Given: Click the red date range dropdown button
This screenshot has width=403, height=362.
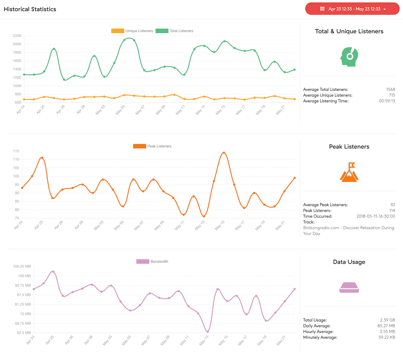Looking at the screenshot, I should pos(352,9).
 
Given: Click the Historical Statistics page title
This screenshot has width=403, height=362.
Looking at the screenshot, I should pos(30,9).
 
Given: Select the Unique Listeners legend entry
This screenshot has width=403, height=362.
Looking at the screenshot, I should pos(132,31).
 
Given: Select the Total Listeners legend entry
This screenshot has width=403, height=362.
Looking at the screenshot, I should pos(175,31).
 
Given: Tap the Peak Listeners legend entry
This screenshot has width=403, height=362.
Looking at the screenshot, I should pos(152,146).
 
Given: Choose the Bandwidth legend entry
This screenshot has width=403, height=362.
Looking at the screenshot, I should pos(152,261).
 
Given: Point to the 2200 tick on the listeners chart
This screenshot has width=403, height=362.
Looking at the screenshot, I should pos(17,36).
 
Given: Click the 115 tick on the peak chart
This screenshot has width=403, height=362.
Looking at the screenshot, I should pos(16,151).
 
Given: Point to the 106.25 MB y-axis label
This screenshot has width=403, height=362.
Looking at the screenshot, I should pos(22,266).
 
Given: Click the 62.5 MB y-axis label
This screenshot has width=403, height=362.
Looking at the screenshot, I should pos(23,333).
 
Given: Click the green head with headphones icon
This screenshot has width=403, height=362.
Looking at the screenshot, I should pos(349,57).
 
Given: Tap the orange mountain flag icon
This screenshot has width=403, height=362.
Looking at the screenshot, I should pos(349,172).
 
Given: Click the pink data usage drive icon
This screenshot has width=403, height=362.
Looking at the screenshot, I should pos(349,288).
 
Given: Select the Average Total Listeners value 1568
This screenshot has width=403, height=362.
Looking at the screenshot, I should pos(391,89).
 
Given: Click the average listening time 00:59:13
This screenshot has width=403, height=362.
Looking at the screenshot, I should pos(387,101).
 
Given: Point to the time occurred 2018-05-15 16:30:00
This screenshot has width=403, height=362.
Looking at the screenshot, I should pos(376,216).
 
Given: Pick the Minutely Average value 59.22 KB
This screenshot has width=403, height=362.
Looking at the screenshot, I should pos(387,337).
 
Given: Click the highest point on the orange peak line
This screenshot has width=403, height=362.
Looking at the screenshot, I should pos(224,153).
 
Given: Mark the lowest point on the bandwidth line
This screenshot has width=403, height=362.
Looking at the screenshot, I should pos(208,332).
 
